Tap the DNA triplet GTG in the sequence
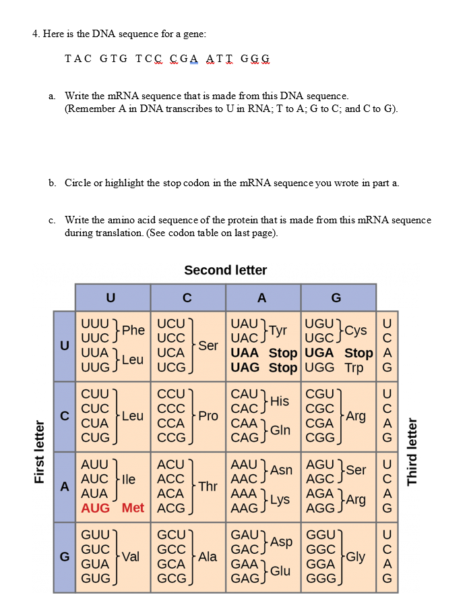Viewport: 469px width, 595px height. (x=113, y=59)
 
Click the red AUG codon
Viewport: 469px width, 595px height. (x=95, y=507)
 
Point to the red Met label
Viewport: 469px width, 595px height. (x=133, y=507)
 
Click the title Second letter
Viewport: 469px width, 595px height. (x=225, y=271)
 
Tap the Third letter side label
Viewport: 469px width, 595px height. (x=412, y=451)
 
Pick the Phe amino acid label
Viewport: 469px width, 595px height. (x=133, y=330)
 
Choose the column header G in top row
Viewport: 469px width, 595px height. (x=337, y=297)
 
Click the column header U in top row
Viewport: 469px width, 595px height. (x=111, y=297)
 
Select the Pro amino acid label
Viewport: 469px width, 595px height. (x=208, y=416)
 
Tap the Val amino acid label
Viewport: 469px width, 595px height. (x=131, y=557)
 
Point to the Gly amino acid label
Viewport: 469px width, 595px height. (x=356, y=557)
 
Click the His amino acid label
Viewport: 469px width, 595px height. (x=279, y=401)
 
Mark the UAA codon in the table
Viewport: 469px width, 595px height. (x=247, y=353)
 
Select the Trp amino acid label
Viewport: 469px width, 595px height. (x=354, y=368)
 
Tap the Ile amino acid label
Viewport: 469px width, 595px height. (x=128, y=479)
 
